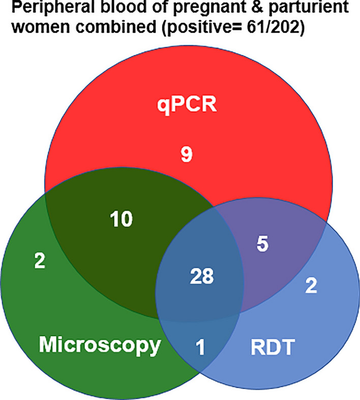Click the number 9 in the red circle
pos(187,154)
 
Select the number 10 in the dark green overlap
pos(122,219)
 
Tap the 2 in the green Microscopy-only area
pos(40,261)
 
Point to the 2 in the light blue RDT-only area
pos(311,285)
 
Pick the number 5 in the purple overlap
pos(262,244)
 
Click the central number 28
pos(202,276)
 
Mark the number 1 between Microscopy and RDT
pos(201,347)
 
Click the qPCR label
pos(187,105)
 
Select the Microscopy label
pos(100,345)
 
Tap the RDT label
pos(273,347)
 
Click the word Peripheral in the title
pos(53,7)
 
